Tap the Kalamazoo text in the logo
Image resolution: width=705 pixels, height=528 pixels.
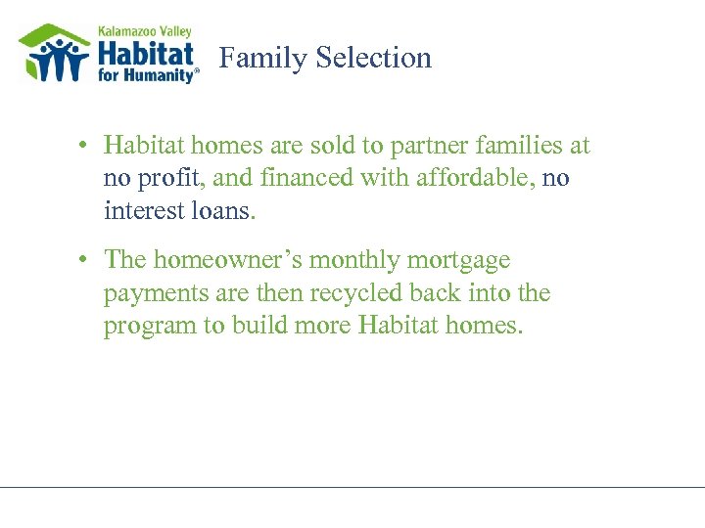point(121,31)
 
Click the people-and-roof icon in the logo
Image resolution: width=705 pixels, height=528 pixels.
point(55,53)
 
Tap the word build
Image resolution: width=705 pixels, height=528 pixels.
point(258,326)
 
